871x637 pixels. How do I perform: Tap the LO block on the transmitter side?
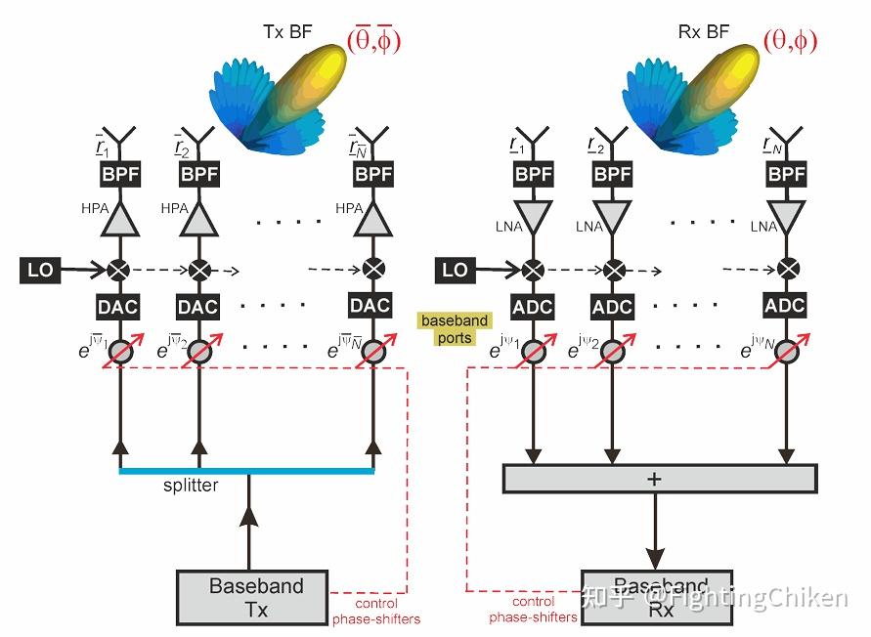click(x=41, y=269)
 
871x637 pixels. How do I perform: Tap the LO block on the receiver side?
click(x=455, y=269)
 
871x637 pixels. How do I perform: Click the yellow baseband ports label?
click(x=455, y=328)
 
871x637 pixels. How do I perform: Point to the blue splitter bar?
click(x=246, y=471)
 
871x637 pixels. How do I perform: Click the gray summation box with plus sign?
click(x=658, y=479)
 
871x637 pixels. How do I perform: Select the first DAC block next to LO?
click(x=118, y=307)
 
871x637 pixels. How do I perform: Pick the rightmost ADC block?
click(x=785, y=306)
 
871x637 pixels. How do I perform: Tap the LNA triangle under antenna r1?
click(x=532, y=215)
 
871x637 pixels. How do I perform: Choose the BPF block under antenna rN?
click(x=786, y=175)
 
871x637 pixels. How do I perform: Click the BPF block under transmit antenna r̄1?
click(x=119, y=175)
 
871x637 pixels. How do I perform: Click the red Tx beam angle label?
click(x=373, y=39)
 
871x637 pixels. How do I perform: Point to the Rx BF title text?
click(x=703, y=32)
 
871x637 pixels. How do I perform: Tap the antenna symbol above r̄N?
click(x=372, y=135)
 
